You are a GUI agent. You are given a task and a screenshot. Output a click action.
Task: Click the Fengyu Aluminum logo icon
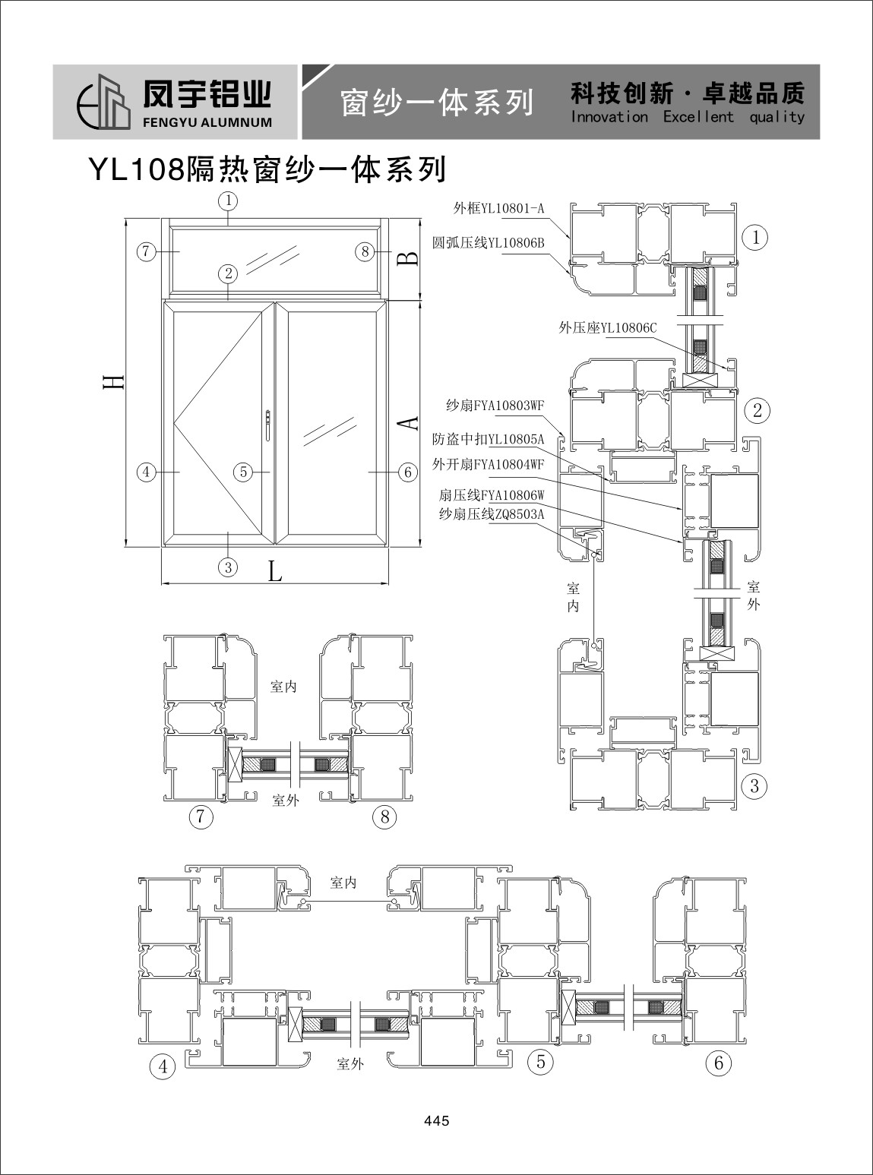pyautogui.click(x=104, y=102)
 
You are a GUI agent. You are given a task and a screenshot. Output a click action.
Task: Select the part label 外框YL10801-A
pyautogui.click(x=498, y=208)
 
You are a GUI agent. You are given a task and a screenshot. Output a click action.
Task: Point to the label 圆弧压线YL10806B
pyautogui.click(x=489, y=243)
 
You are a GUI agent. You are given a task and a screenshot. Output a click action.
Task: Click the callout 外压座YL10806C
pyautogui.click(x=607, y=328)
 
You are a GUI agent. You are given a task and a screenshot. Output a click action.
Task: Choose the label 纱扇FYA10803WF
pyautogui.click(x=495, y=406)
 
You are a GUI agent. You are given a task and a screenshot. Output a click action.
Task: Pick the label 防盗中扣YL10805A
pyautogui.click(x=489, y=439)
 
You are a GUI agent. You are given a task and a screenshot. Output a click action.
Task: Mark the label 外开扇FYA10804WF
pyautogui.click(x=489, y=465)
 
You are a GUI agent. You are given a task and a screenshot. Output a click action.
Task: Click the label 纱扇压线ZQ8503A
pyautogui.click(x=492, y=514)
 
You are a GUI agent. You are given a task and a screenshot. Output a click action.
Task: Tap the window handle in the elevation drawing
pyautogui.click(x=269, y=425)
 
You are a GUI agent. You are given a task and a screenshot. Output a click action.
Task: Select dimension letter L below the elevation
pyautogui.click(x=274, y=572)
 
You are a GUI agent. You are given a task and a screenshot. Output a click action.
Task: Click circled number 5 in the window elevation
pyautogui.click(x=243, y=472)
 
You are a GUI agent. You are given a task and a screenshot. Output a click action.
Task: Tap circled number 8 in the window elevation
pyautogui.click(x=365, y=251)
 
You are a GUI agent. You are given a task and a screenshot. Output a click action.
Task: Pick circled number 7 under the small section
pyautogui.click(x=201, y=816)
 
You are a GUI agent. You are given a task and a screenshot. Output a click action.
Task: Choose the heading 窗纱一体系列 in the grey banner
pyautogui.click(x=437, y=103)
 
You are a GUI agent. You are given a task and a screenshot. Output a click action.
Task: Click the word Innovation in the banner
pyautogui.click(x=609, y=117)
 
